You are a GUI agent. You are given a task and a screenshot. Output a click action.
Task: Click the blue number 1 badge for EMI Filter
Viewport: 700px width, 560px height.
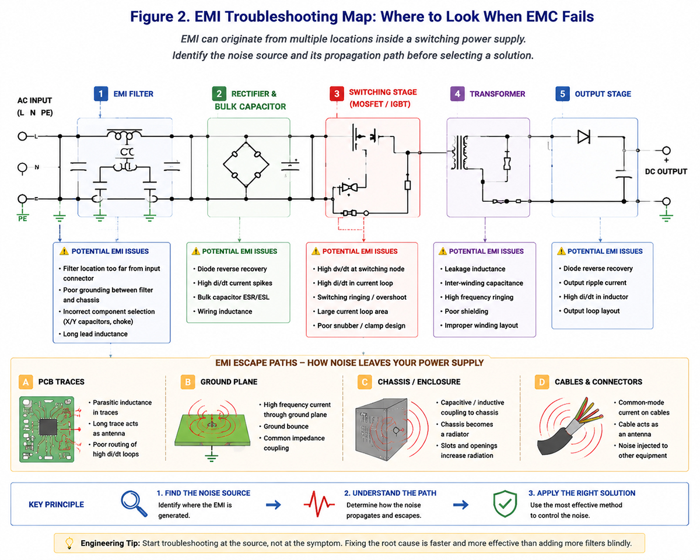click(101, 94)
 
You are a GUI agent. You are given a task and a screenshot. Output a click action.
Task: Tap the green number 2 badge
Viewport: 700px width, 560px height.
click(219, 94)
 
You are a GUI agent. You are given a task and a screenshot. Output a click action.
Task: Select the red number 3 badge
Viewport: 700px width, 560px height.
click(337, 94)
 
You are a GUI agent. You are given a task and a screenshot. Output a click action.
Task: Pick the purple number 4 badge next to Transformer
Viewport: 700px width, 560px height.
click(457, 94)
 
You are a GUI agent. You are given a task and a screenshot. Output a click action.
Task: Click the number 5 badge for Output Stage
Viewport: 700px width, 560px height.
click(562, 94)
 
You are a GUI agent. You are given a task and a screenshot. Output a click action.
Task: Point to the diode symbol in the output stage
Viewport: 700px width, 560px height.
click(584, 136)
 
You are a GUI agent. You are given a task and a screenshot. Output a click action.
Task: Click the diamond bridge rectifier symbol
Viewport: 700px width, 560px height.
click(246, 164)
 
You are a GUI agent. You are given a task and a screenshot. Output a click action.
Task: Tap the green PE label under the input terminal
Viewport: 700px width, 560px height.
click(22, 219)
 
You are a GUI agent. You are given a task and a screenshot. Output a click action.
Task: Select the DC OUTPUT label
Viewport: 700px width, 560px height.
click(666, 171)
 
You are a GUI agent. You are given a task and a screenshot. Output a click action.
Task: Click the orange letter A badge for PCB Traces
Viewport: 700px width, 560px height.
click(26, 382)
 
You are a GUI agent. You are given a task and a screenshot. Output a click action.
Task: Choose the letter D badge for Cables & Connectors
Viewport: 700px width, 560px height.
click(542, 382)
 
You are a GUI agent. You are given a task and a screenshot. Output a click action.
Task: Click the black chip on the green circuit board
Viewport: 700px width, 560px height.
click(48, 427)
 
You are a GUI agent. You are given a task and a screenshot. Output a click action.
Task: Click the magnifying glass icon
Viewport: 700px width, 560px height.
click(134, 503)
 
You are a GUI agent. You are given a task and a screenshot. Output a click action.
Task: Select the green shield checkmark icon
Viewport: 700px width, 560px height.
click(505, 503)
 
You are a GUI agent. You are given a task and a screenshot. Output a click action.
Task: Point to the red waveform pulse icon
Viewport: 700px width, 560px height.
click(318, 503)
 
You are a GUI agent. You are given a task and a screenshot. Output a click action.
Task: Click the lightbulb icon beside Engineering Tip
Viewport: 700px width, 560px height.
click(69, 543)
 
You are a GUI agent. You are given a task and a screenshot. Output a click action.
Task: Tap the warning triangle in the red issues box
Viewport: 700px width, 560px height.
click(316, 251)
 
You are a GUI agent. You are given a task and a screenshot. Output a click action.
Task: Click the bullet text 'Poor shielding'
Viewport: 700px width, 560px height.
click(466, 311)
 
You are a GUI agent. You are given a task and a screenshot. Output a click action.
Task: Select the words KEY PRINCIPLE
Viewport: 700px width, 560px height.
click(56, 505)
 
